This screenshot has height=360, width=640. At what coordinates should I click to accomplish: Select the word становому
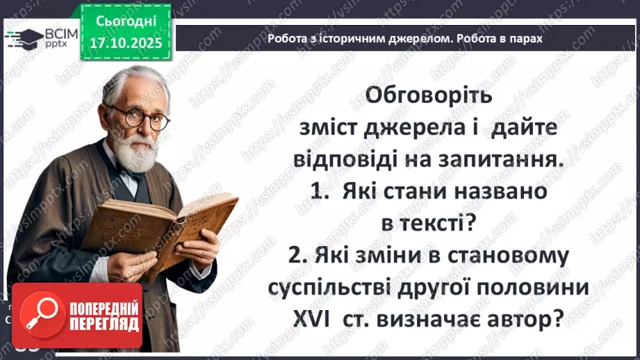(x=511, y=255)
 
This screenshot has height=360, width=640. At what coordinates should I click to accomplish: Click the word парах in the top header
(x=524, y=39)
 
